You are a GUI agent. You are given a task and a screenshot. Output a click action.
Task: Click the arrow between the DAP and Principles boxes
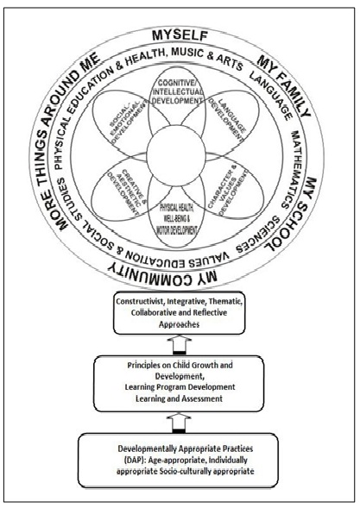180,423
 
